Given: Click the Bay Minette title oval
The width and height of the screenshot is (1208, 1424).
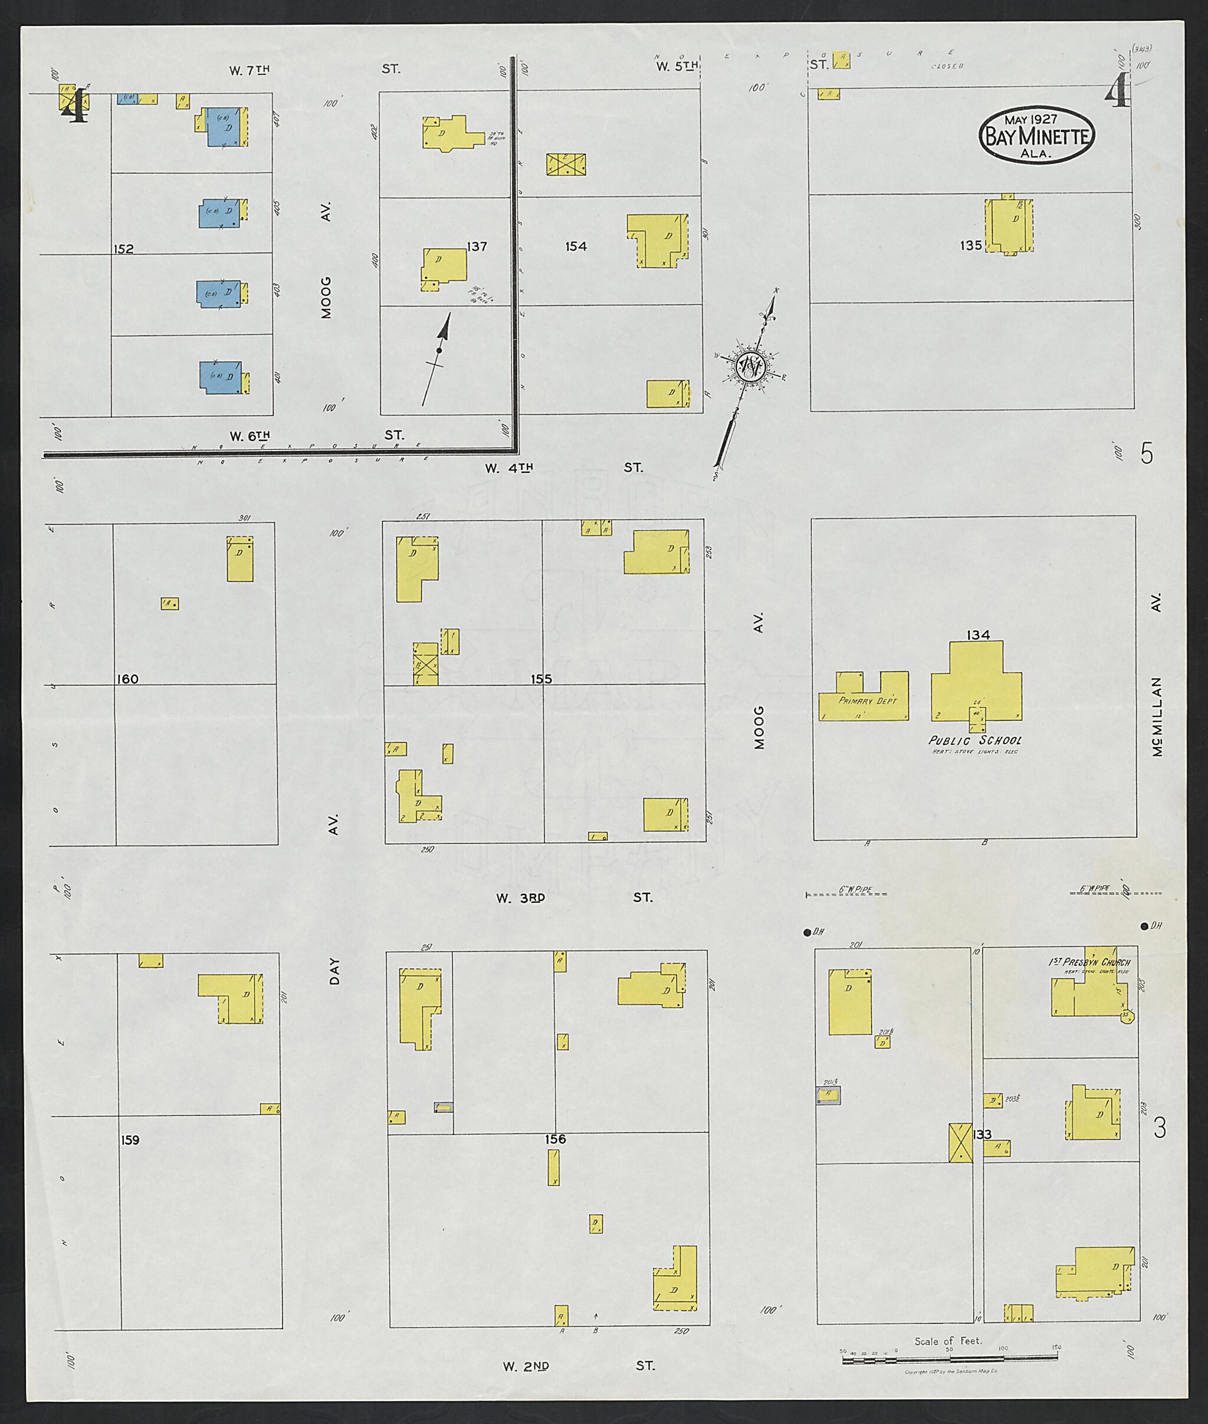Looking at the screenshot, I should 1036,136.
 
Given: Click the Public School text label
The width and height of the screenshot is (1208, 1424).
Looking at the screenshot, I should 974,740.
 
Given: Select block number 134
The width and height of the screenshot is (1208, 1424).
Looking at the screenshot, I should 977,635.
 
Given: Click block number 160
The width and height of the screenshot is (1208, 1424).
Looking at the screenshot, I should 127,679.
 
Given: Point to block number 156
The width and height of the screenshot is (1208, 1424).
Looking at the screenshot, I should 556,1139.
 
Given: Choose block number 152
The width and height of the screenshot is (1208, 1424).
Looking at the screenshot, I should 123,249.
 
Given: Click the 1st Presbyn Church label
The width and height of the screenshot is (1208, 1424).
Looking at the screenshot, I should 1088,962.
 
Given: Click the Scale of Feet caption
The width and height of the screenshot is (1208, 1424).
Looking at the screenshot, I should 948,1341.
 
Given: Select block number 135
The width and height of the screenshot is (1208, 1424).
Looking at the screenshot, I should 970,245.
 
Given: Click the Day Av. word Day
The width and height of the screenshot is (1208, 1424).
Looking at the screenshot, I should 334,972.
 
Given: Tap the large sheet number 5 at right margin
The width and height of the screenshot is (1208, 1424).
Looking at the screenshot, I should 1147,454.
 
